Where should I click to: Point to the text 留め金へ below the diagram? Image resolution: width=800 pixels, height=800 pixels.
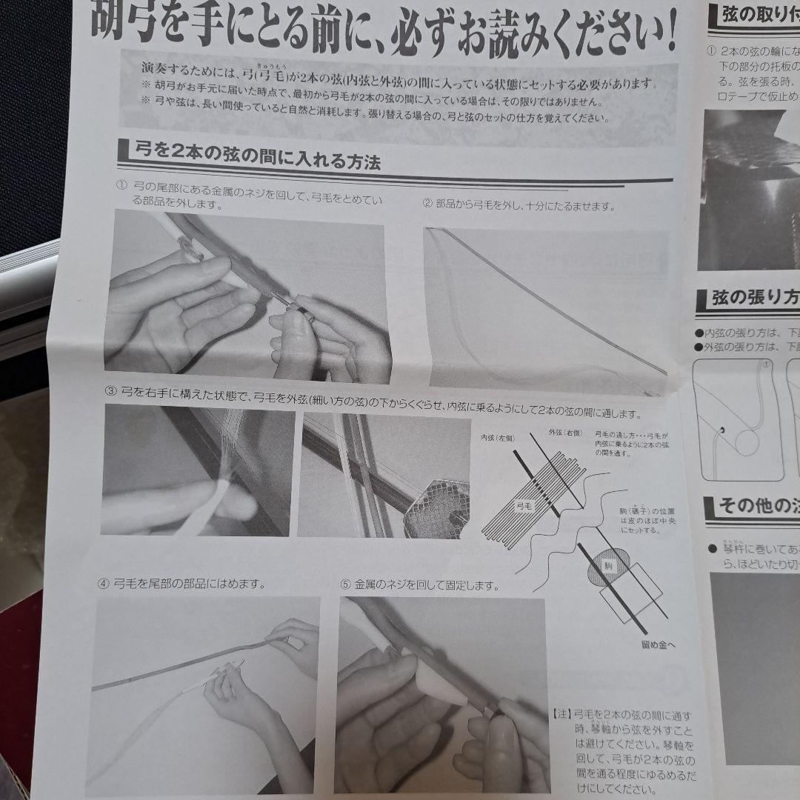point(658,644)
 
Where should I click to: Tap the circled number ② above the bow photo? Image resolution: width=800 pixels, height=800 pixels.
point(427,204)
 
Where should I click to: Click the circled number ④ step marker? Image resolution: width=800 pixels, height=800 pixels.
point(102,584)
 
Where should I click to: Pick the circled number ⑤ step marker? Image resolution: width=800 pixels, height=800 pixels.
point(345,584)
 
